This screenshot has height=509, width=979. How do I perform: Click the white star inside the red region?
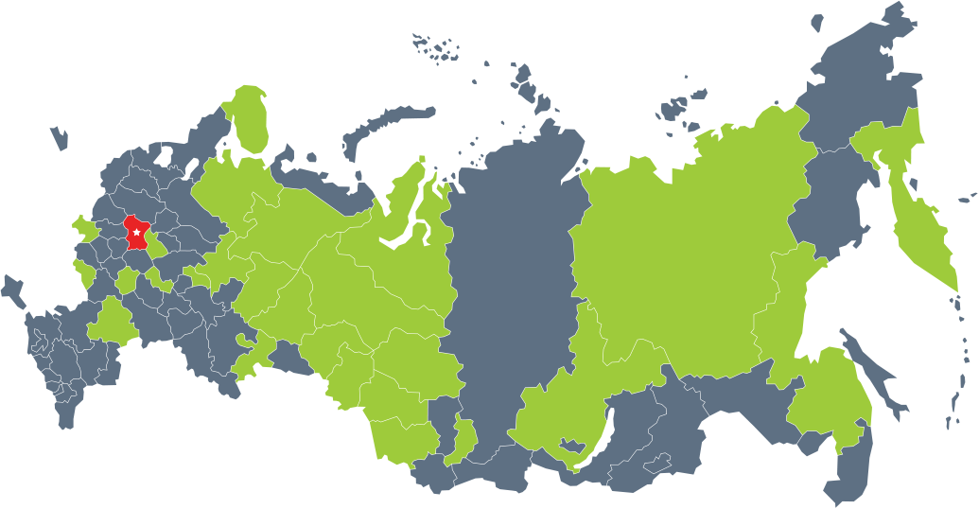(x=136, y=231)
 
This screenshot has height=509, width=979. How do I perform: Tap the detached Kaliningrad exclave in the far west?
(x=59, y=138)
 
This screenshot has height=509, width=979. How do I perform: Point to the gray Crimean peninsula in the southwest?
(x=12, y=289)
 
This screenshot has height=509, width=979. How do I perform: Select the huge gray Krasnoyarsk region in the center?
(x=511, y=274)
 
